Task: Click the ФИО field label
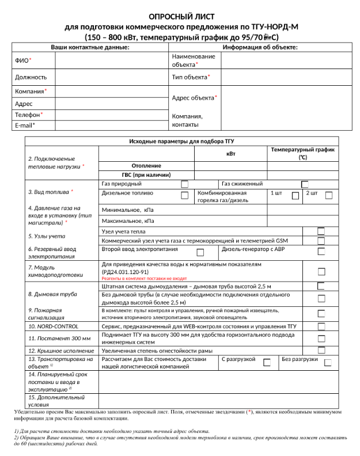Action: pos(22,60)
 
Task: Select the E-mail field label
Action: pos(25,125)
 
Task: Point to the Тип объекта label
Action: pos(191,77)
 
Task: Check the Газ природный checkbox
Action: pos(184,184)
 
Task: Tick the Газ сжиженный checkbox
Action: pos(305,184)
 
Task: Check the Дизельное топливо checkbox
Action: pos(184,196)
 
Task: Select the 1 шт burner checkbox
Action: pos(295,196)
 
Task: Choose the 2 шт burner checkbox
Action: pos(328,196)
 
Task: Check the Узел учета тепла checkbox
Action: pos(321,231)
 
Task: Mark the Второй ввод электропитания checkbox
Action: pos(200,252)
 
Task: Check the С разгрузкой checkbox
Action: pos(267,362)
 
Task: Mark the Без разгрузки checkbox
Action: pos(328,362)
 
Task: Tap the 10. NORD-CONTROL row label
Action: pos(53,326)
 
